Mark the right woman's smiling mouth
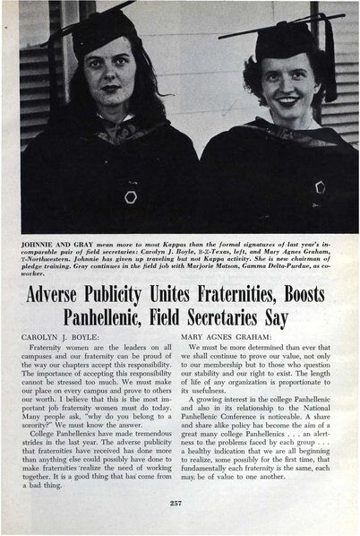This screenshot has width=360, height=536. point(285,92)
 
